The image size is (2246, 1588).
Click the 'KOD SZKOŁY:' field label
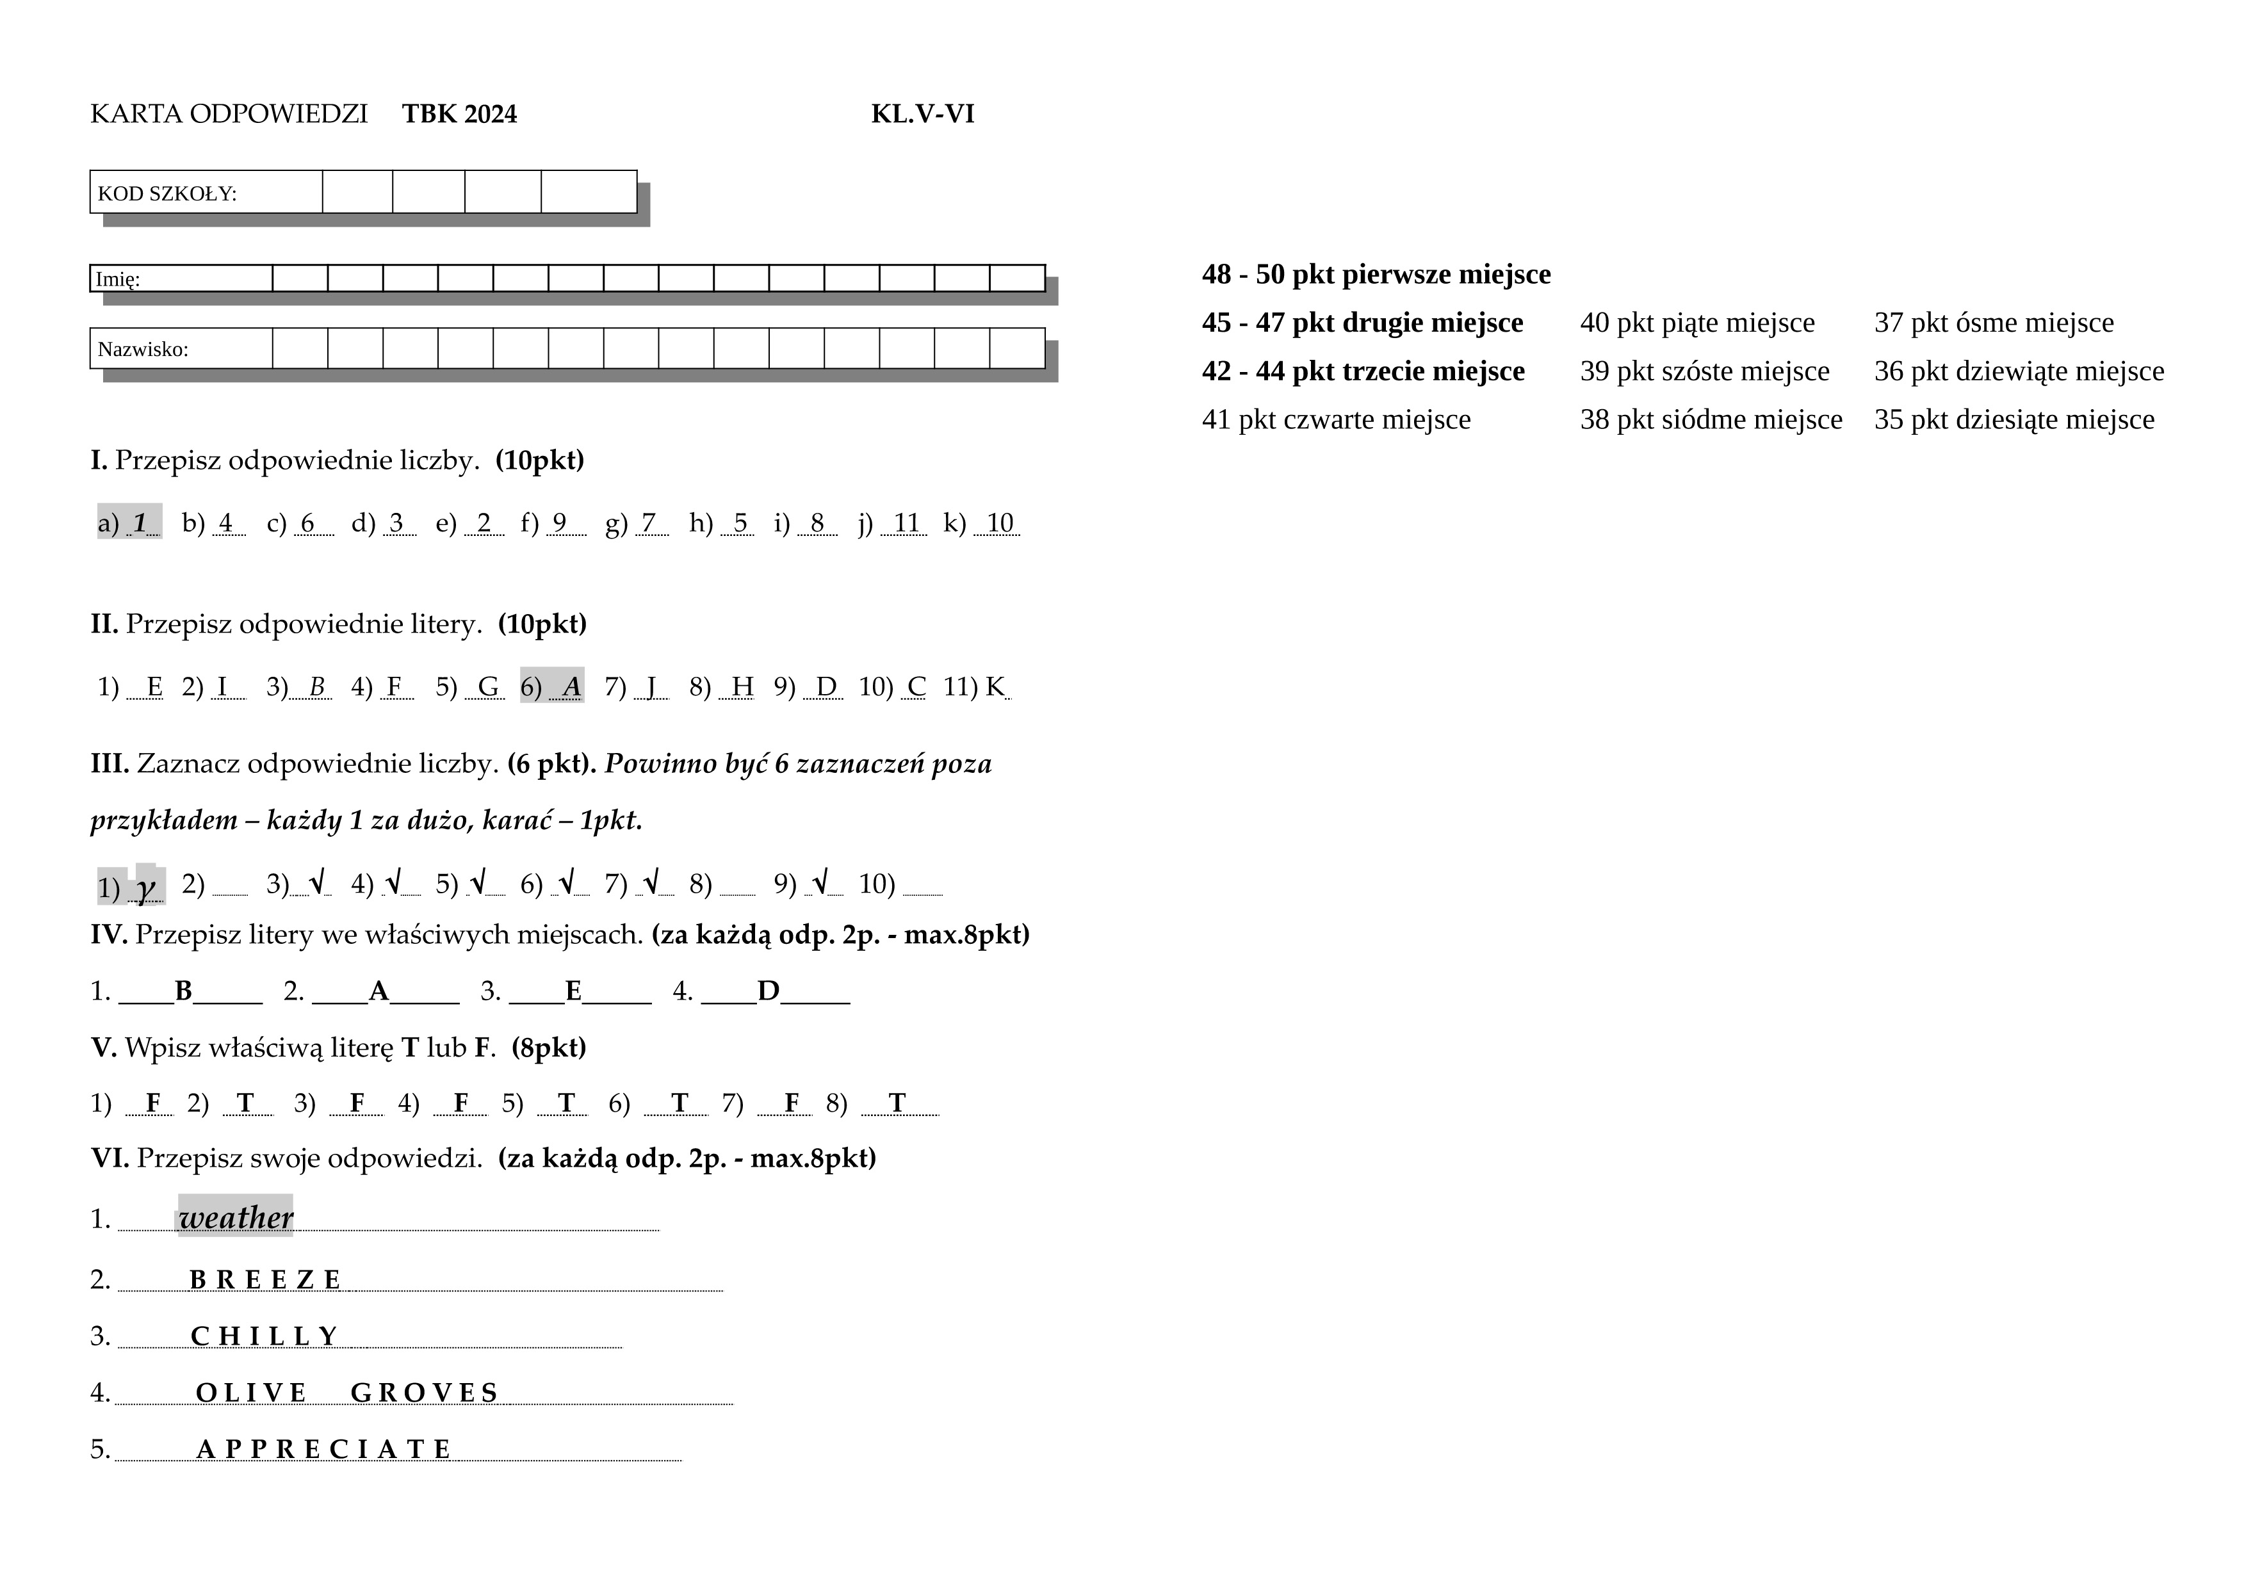pyautogui.click(x=167, y=193)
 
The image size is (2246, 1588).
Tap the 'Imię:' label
pyautogui.click(x=117, y=280)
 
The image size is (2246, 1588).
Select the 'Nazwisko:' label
pyautogui.click(x=143, y=349)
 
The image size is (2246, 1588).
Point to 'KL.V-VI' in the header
pyautogui.click(x=922, y=115)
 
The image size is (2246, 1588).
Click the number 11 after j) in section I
pyautogui.click(x=907, y=523)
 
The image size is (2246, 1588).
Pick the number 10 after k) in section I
pyautogui.click(x=999, y=523)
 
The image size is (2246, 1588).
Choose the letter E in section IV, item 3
pyautogui.click(x=573, y=991)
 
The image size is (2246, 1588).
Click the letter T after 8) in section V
pyautogui.click(x=897, y=1104)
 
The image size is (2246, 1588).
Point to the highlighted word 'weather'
pyautogui.click(x=236, y=1217)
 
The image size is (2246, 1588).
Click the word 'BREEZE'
pyautogui.click(x=265, y=1280)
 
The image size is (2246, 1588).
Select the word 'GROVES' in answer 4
pyautogui.click(x=425, y=1393)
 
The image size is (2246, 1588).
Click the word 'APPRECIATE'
pyautogui.click(x=324, y=1449)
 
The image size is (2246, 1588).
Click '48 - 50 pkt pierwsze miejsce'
pyautogui.click(x=1376, y=275)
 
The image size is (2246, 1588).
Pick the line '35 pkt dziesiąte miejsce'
pyautogui.click(x=2013, y=419)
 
